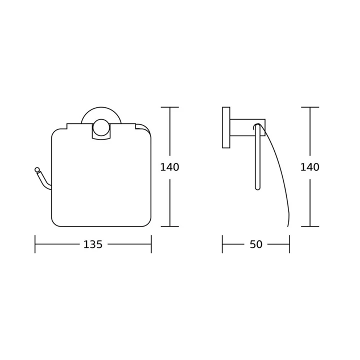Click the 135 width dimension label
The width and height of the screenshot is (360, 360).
(x=93, y=244)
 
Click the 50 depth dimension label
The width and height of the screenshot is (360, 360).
(x=256, y=244)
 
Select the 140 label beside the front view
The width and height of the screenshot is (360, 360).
(x=169, y=167)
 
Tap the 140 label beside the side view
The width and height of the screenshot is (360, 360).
(x=310, y=167)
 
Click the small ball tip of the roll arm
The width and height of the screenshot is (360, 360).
(x=36, y=169)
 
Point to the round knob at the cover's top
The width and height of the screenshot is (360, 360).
(x=100, y=127)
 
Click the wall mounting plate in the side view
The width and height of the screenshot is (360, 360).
(x=226, y=127)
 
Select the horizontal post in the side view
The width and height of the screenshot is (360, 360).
(x=247, y=127)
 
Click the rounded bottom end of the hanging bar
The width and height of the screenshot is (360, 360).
(x=257, y=188)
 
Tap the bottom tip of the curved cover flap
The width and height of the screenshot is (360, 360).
(x=287, y=226)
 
